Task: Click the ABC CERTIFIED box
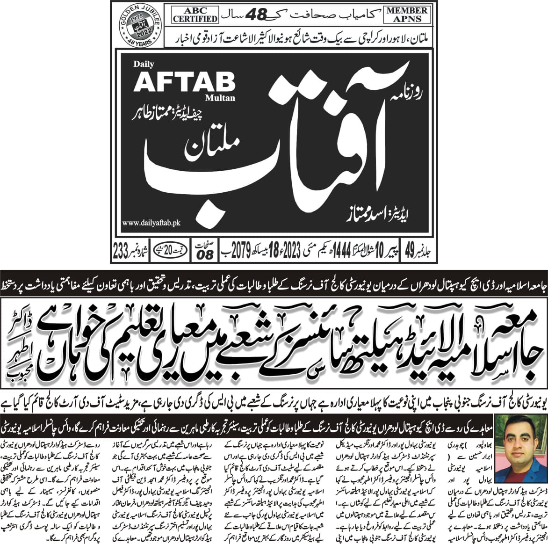pyautogui.click(x=195, y=15)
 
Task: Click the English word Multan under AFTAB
pyautogui.click(x=220, y=98)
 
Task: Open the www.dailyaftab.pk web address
pyautogui.click(x=151, y=224)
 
